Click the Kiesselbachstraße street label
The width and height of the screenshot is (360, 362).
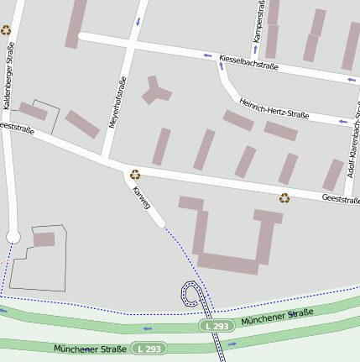point(248,61)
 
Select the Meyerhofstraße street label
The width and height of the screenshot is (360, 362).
point(117,102)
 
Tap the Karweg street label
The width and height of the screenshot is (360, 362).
point(141,198)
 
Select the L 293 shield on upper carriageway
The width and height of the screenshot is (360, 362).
point(216,325)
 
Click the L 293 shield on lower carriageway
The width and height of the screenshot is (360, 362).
point(149,348)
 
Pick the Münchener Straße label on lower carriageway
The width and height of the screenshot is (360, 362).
point(89,348)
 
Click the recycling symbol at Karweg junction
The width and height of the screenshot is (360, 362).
point(134,175)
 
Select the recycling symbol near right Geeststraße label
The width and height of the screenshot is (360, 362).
point(284,198)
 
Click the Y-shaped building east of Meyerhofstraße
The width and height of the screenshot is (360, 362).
point(153,89)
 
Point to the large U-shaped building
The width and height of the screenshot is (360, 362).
point(227,262)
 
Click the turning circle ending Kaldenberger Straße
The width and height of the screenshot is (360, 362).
point(13,238)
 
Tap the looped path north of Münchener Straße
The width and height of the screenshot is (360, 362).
point(192,295)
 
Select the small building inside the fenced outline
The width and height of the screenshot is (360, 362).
point(44,239)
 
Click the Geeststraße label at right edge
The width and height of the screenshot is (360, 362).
point(340,199)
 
